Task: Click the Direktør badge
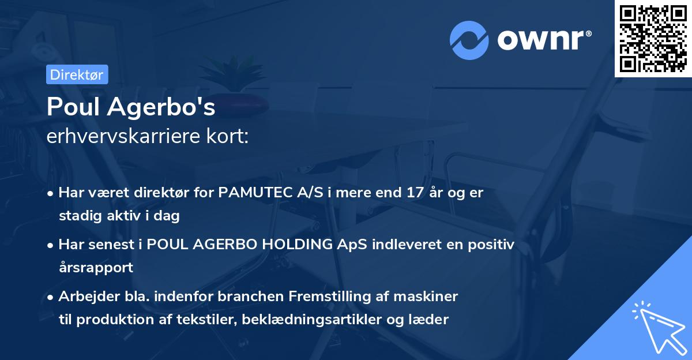pos(77,74)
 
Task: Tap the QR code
pos(653,38)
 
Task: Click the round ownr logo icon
pos(468,40)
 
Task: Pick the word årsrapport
pos(96,268)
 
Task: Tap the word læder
pos(431,320)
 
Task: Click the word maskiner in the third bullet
pos(431,297)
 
